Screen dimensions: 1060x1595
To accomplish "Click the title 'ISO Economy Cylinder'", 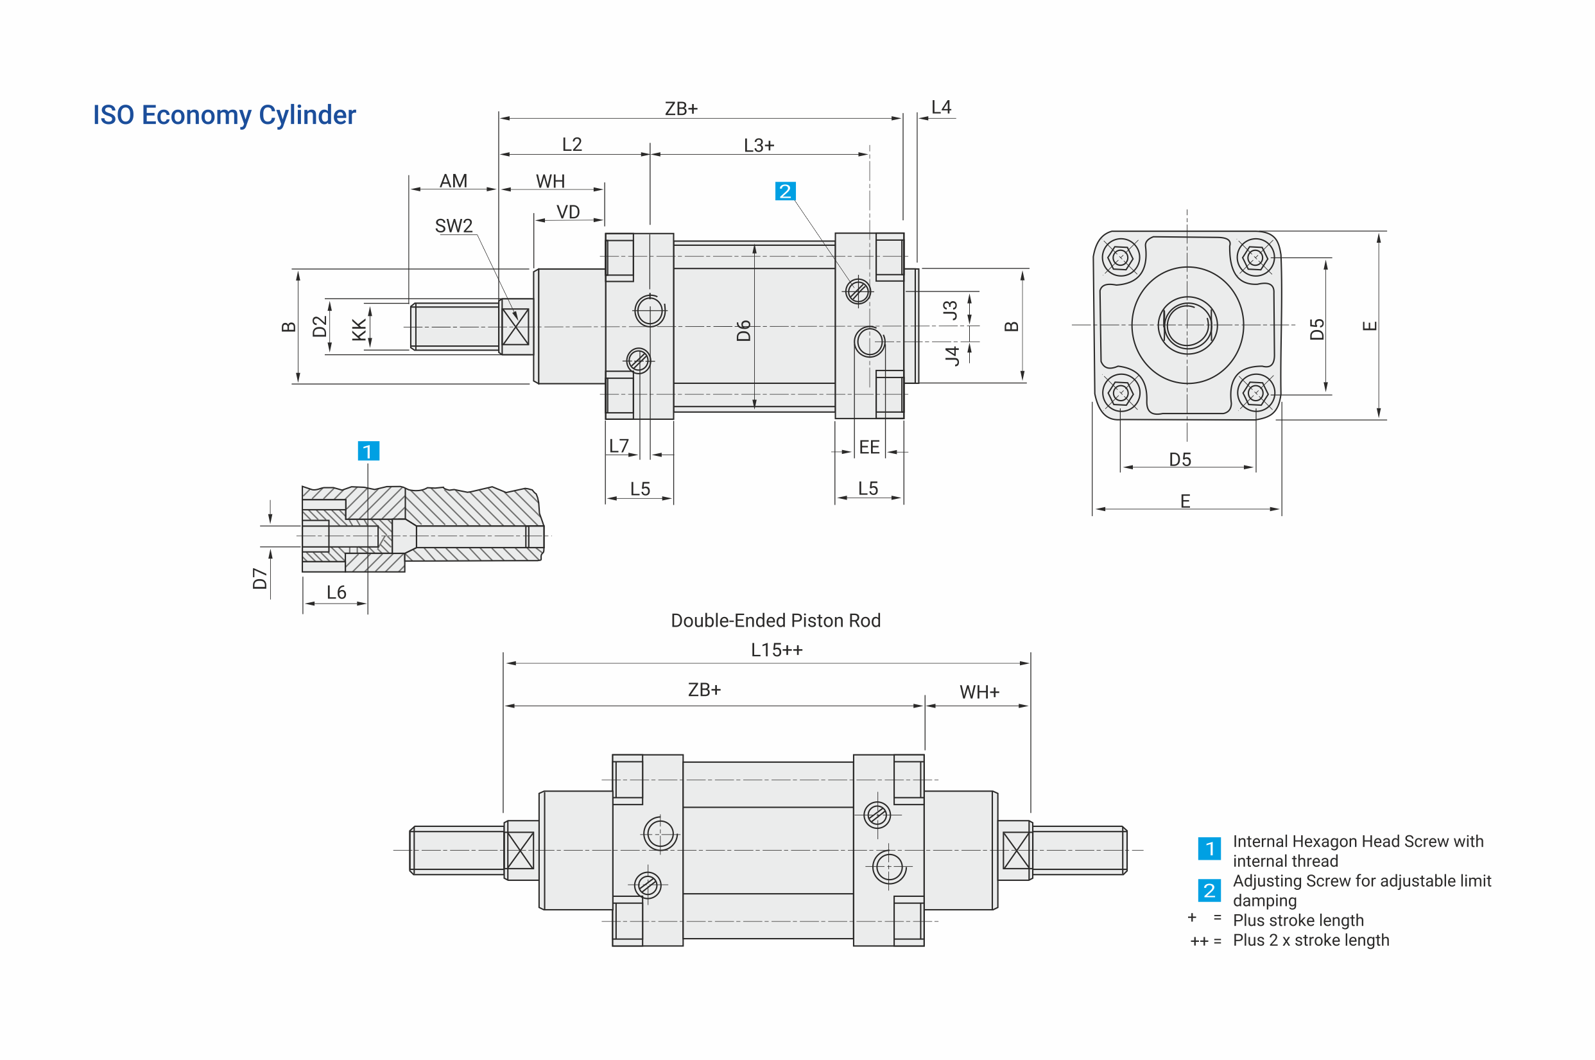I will [x=224, y=115].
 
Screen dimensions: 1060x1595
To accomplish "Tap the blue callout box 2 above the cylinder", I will [x=784, y=191].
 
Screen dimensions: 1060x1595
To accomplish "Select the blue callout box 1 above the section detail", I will [x=368, y=451].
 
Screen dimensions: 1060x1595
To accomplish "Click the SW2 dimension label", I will [x=454, y=226].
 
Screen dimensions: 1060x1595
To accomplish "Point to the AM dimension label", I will [x=454, y=181].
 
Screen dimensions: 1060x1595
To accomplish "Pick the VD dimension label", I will [x=567, y=213].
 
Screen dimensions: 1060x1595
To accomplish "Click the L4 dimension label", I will [x=941, y=107].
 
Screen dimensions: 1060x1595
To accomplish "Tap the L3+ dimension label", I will [x=759, y=145].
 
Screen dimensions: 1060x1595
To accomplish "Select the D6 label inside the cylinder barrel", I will [x=743, y=331].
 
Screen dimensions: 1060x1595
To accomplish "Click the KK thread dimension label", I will [x=359, y=329].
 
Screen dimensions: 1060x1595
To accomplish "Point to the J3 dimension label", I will [x=950, y=310].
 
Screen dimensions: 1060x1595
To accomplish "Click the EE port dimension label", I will [x=869, y=447].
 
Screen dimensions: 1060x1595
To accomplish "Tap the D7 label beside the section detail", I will [x=259, y=578].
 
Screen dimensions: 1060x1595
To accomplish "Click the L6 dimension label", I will [x=336, y=593].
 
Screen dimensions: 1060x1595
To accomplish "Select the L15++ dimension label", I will [x=777, y=650].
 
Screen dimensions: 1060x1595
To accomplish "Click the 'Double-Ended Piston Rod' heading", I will [x=775, y=621].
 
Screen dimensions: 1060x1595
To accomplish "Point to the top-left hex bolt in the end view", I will [x=1121, y=257].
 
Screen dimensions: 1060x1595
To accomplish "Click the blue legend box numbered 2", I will [x=1209, y=891].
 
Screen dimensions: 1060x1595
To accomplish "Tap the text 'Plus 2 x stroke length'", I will [x=1311, y=941].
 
